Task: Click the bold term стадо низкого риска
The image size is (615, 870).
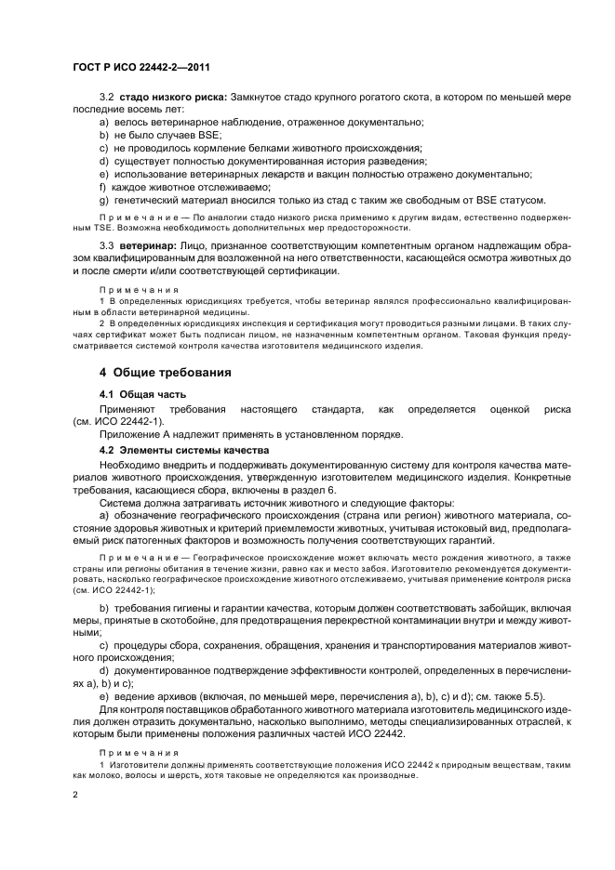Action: click(x=165, y=97)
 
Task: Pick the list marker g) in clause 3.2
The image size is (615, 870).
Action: click(x=103, y=199)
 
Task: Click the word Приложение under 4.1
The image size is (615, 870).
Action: click(x=128, y=435)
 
